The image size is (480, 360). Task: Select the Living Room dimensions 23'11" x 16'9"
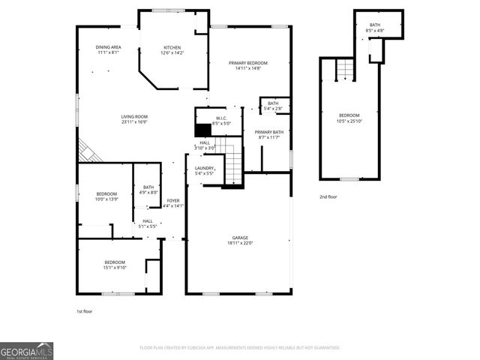point(135,121)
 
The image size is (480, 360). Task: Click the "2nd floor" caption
point(328,196)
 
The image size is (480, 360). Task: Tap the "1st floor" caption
point(85,310)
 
